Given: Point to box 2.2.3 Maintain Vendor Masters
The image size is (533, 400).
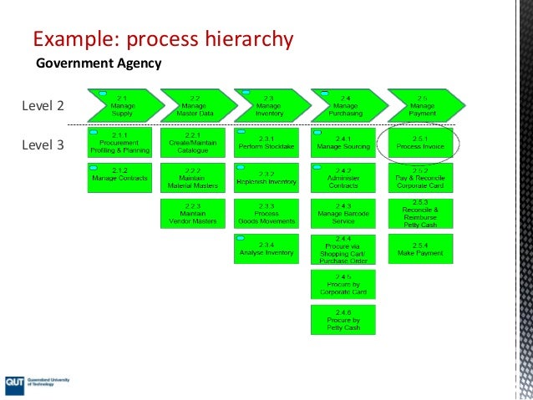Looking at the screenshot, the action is [x=192, y=214].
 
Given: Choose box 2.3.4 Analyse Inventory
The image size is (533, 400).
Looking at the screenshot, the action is [x=266, y=249].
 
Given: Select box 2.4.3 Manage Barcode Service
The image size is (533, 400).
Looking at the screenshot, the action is [x=343, y=214].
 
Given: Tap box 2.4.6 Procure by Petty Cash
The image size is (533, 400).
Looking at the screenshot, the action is [x=343, y=317].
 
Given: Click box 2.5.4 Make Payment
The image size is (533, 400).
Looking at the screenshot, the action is [x=421, y=249].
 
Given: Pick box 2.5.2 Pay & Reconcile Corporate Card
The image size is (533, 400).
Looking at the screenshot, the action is [x=421, y=176].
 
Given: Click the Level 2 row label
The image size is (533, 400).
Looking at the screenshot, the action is [x=43, y=106].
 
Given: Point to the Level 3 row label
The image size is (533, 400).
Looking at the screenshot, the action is [x=43, y=144].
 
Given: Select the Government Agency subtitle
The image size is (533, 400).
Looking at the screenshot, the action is [x=98, y=63].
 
